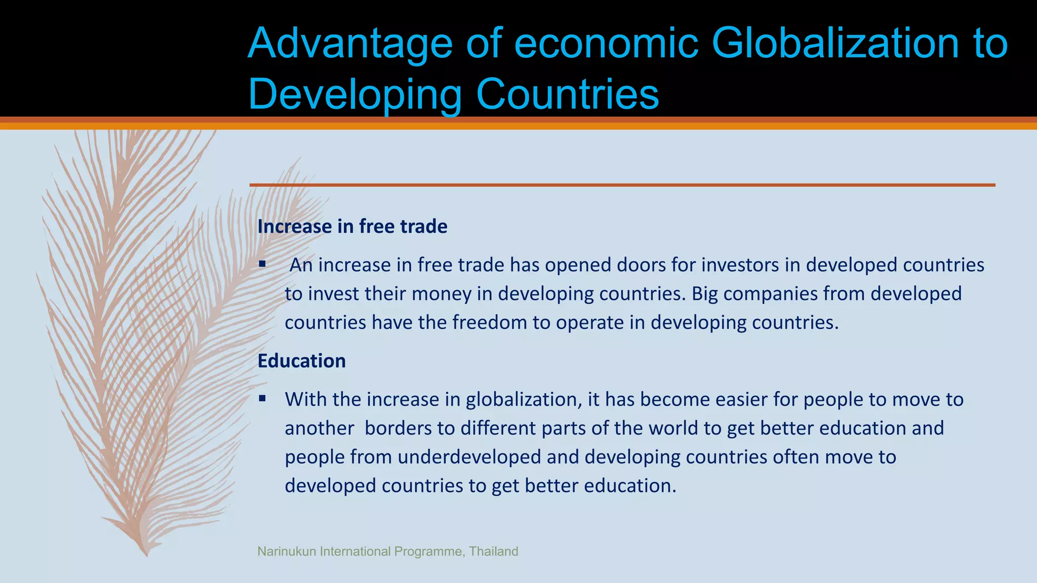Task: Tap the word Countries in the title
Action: [568, 94]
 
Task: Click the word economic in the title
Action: [606, 44]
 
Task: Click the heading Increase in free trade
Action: [352, 226]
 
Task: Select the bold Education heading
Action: [301, 361]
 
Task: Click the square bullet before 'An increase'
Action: [262, 264]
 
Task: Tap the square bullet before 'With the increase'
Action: [262, 398]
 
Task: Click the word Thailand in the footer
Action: [493, 551]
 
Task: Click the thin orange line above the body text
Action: [622, 185]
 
